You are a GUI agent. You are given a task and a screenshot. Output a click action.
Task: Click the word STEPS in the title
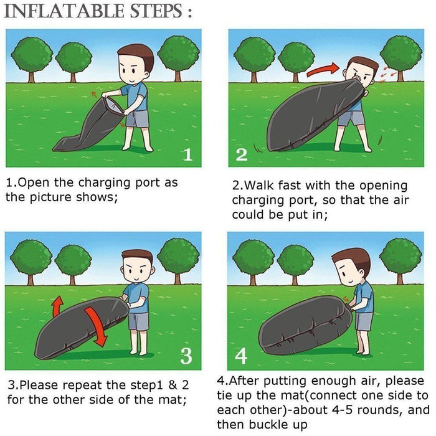[156, 11]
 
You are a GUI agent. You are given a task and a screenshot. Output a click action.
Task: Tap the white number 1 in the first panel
[188, 154]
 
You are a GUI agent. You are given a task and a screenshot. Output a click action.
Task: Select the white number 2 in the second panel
[242, 155]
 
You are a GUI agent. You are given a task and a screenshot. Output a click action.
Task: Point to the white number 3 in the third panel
[186, 356]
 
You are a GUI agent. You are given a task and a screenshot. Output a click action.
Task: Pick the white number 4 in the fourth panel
[241, 356]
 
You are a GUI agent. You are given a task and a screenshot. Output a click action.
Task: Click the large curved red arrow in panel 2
[323, 70]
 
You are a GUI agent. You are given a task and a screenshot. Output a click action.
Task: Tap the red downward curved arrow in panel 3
[96, 326]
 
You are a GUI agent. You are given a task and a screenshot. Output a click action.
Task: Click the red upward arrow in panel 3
[57, 306]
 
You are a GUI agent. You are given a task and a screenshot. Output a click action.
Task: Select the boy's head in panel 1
[135, 65]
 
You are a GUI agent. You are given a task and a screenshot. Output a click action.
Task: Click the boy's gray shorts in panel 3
[138, 321]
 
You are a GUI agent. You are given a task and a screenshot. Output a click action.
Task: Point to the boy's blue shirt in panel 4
[364, 297]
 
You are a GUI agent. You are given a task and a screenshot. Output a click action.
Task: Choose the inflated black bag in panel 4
[305, 326]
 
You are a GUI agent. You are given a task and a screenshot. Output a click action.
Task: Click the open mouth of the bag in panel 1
[113, 105]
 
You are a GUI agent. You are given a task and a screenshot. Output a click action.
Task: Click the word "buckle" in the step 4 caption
[267, 424]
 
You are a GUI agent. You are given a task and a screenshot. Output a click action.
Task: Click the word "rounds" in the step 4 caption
[381, 410]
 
